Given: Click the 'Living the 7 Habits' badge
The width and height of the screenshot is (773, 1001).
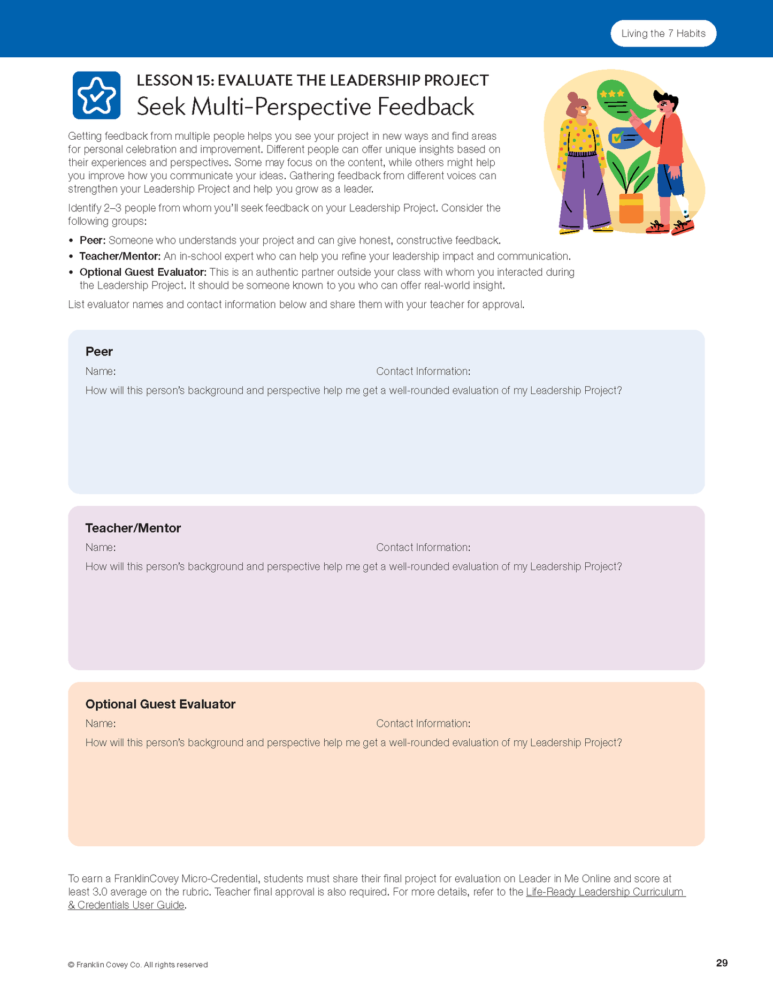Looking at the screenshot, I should point(663,34).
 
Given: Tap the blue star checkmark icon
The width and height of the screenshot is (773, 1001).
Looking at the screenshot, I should point(96,95).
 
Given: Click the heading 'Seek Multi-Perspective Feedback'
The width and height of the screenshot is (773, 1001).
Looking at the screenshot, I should point(305,107).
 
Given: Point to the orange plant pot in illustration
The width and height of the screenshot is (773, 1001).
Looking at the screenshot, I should point(631,208).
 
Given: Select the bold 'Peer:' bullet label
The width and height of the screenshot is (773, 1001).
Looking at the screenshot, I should point(93,240).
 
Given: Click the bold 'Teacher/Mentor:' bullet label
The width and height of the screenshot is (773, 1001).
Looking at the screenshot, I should point(120,256).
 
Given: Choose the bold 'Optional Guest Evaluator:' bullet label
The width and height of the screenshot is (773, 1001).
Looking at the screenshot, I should point(143,272).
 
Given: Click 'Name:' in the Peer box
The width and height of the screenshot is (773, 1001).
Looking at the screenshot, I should point(101,371).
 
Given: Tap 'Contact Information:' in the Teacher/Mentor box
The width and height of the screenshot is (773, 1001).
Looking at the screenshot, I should point(423,548).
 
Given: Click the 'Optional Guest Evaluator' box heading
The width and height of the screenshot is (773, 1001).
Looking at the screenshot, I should point(160,704).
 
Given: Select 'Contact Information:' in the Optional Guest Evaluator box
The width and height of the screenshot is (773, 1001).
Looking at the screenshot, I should point(423,724).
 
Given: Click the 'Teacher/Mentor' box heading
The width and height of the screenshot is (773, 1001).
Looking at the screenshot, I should point(133,528).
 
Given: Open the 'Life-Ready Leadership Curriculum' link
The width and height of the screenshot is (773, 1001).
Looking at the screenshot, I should point(604,892).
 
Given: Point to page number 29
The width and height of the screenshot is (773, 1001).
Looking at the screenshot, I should point(722,963).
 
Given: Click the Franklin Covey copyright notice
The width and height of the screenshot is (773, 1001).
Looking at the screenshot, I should point(138,965).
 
